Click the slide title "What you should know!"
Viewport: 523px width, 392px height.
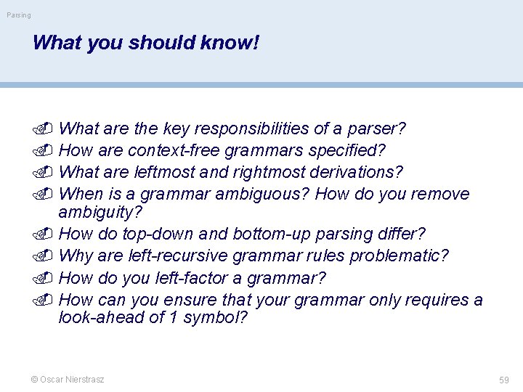pyautogui.click(x=145, y=43)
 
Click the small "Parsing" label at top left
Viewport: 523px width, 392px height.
pyautogui.click(x=19, y=15)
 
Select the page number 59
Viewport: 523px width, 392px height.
pyautogui.click(x=503, y=380)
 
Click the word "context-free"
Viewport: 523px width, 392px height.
pyautogui.click(x=174, y=150)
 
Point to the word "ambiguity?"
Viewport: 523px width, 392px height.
pyautogui.click(x=100, y=213)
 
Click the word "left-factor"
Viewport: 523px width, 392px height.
pyautogui.click(x=200, y=277)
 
